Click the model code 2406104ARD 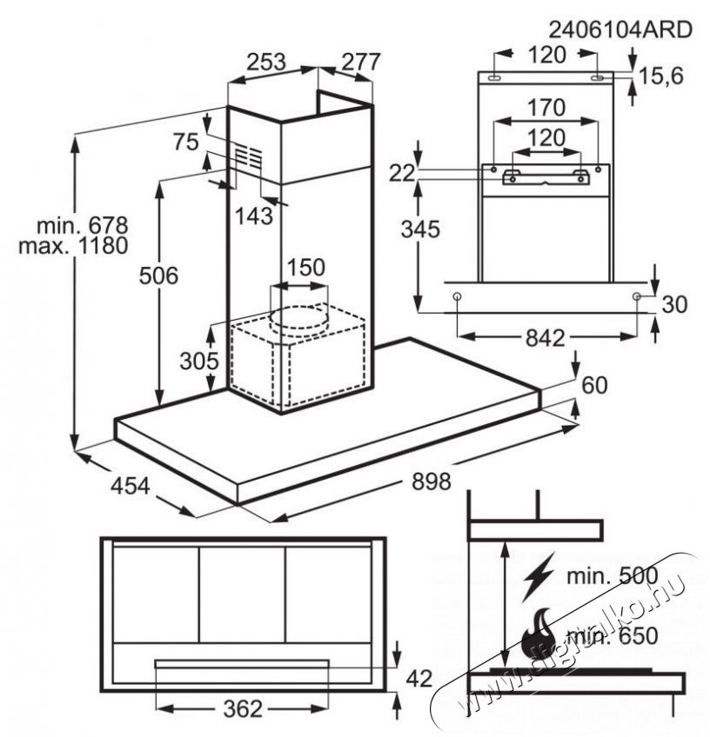click(x=620, y=30)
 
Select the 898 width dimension click(x=431, y=481)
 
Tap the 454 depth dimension click(x=131, y=486)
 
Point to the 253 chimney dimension click(x=266, y=62)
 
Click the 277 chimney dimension click(x=360, y=62)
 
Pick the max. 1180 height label click(x=73, y=245)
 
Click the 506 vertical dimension click(x=158, y=276)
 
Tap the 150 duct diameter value click(x=305, y=268)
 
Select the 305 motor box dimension click(x=199, y=361)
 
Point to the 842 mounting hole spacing click(x=545, y=337)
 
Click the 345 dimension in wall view click(x=420, y=229)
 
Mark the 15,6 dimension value click(x=660, y=76)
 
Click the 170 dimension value click(x=546, y=108)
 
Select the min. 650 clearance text click(x=613, y=636)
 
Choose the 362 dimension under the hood click(x=242, y=709)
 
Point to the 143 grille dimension click(x=253, y=216)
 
